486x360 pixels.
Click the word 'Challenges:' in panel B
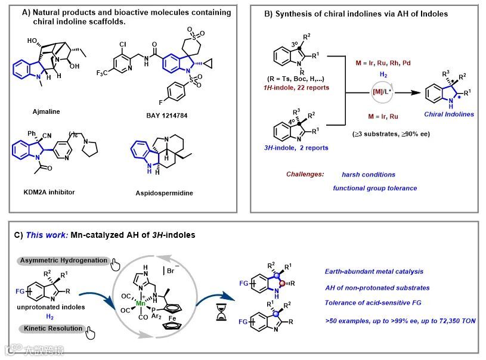pos(304,174)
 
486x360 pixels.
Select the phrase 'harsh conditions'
pos(369,175)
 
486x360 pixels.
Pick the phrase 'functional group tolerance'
pos(374,188)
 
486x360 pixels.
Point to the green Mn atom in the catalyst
pos(140,303)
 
